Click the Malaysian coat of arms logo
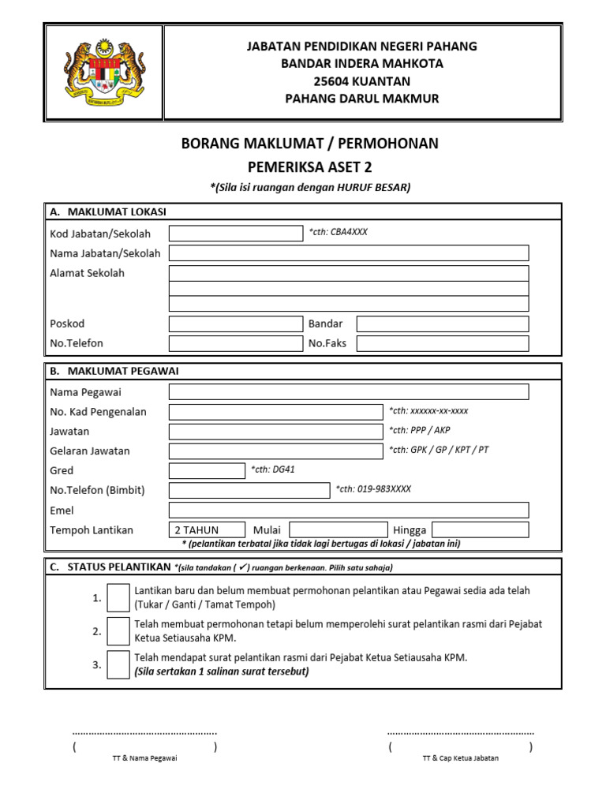tap(104, 72)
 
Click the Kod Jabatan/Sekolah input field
tap(235, 233)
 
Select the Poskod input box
tap(235, 324)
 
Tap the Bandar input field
tap(442, 324)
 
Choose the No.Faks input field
tap(442, 343)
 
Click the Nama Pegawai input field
tap(349, 392)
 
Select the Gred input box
tap(207, 470)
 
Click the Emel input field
tap(349, 510)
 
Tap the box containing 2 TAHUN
tap(207, 529)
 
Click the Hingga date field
tap(480, 529)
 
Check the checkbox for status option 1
tap(118, 598)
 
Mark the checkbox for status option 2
tap(118, 631)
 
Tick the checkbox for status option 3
tap(118, 664)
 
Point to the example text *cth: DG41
tap(273, 470)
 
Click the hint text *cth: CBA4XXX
tap(338, 232)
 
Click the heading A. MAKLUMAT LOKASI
tap(107, 211)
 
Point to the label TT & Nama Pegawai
tap(145, 758)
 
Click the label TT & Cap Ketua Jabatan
tap(460, 758)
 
